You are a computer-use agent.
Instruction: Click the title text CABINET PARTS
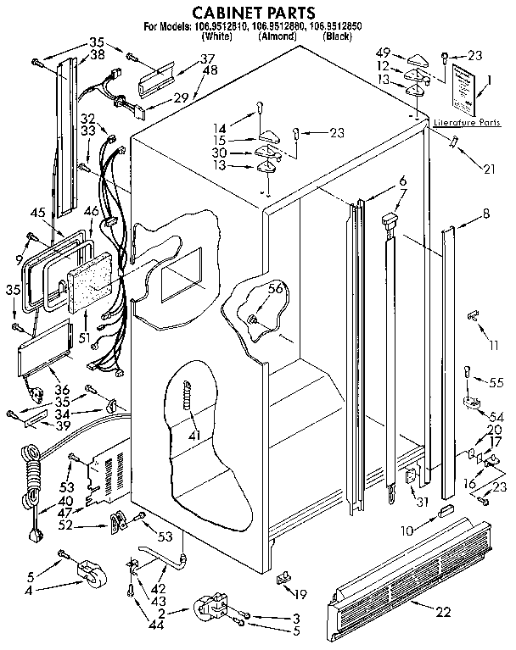click(254, 12)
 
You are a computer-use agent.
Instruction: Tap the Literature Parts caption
click(466, 123)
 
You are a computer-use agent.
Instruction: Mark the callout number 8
click(485, 214)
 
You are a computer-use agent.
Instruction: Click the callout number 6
click(402, 180)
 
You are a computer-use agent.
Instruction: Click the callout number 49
click(382, 53)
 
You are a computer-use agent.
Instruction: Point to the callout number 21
click(489, 169)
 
